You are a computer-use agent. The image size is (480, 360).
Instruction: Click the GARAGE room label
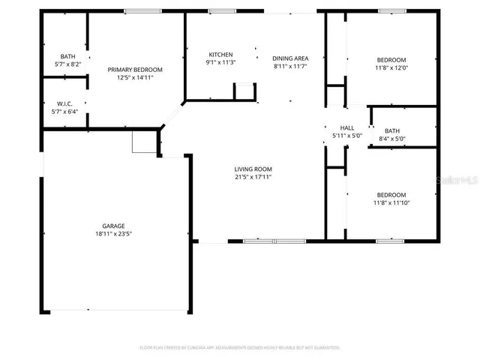click(113, 226)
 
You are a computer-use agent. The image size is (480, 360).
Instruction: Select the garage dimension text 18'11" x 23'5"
click(113, 234)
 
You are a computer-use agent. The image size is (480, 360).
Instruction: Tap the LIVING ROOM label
click(253, 169)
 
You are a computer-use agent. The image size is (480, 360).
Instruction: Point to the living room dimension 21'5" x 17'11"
click(253, 178)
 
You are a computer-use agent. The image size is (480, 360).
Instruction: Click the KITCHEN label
click(220, 55)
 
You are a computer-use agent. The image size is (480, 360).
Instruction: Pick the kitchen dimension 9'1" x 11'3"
click(220, 63)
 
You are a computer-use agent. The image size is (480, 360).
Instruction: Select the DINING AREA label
click(290, 58)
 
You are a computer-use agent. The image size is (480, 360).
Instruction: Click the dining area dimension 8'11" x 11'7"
click(290, 67)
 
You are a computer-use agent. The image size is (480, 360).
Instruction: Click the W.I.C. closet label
click(64, 104)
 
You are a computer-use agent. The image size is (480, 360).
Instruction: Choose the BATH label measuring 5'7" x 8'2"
click(68, 56)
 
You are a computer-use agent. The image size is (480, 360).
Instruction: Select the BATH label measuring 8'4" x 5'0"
click(393, 130)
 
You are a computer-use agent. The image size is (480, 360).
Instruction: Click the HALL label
click(347, 128)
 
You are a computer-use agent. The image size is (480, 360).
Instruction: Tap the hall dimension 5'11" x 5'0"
click(347, 136)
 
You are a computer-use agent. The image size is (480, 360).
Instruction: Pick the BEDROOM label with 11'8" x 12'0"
click(391, 60)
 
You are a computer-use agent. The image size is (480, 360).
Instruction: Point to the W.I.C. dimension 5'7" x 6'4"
click(64, 112)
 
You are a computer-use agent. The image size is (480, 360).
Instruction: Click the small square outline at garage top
click(142, 141)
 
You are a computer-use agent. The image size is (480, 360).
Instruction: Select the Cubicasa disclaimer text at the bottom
click(240, 347)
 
